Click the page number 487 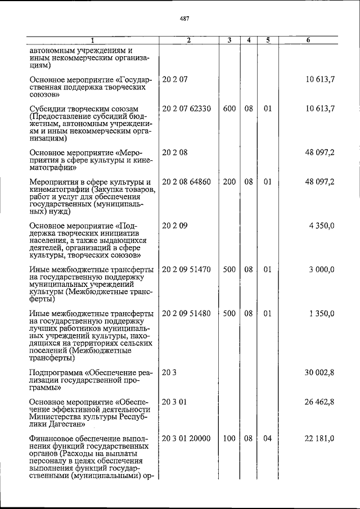point(184,19)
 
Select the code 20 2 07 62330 point(186,109)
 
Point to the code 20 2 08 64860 point(186,182)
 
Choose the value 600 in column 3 point(229,109)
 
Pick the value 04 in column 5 point(268,438)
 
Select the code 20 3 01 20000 point(186,438)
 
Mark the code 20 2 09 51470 point(186,269)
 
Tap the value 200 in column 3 point(229,182)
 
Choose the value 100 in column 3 point(229,438)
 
